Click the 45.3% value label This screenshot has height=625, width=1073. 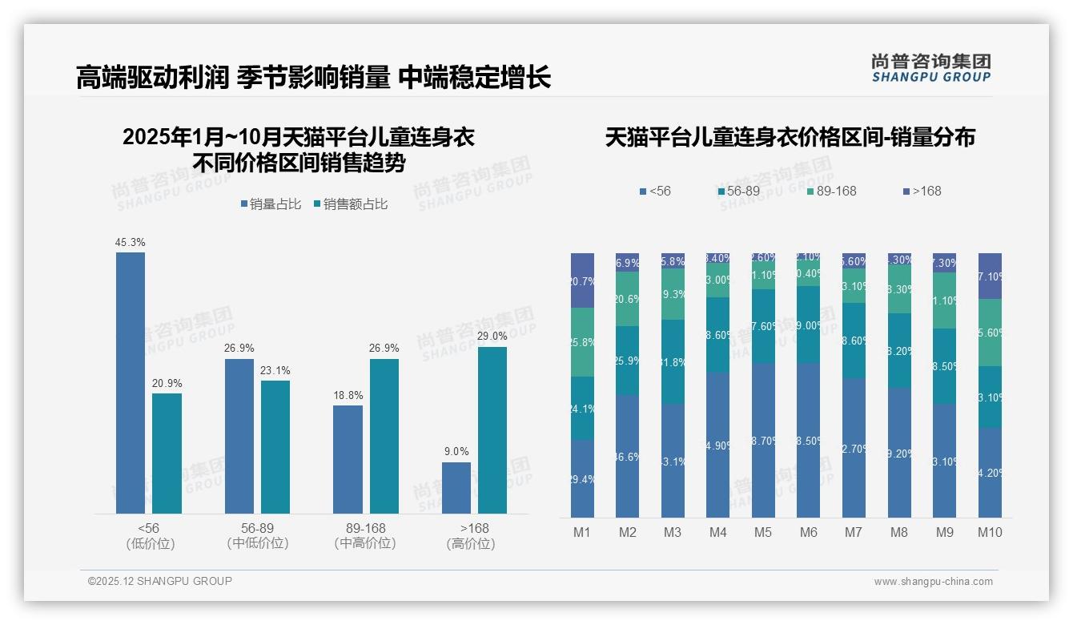point(131,242)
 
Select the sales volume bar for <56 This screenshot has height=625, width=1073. point(131,383)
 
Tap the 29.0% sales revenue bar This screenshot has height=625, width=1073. point(492,430)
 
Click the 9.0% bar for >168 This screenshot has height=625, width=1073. point(456,488)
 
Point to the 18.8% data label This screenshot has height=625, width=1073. point(348,395)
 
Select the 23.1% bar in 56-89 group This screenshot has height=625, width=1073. point(275,447)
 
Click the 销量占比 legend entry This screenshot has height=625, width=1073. point(271,204)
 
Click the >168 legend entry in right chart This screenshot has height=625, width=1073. point(922,191)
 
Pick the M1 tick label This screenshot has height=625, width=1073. point(582,532)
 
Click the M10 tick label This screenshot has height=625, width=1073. point(990,532)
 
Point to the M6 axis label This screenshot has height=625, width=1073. point(809,532)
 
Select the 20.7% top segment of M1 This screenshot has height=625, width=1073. point(582,280)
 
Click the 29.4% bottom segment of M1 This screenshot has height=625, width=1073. point(582,478)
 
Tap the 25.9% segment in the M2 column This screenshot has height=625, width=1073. point(628,361)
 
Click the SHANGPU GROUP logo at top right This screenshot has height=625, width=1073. point(930,68)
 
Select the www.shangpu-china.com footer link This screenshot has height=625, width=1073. point(933,582)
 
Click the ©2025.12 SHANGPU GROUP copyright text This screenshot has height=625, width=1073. point(160,581)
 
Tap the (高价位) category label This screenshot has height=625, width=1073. point(471,543)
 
